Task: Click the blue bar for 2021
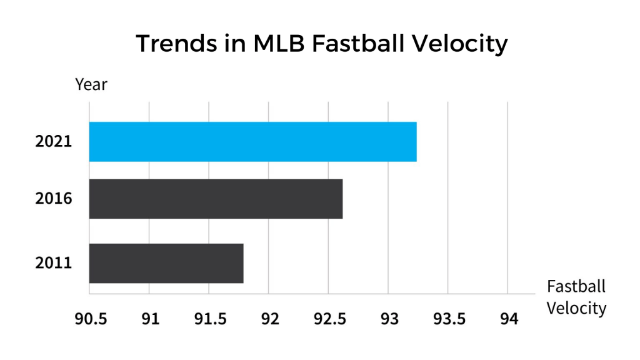252,142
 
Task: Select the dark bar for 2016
216,199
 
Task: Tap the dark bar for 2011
166,263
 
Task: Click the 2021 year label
54,142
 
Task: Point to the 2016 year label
54,199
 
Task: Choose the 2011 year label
54,263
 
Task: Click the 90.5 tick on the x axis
91,319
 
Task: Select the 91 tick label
150,319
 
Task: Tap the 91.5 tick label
209,319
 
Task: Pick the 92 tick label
269,319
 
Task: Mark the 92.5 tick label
329,319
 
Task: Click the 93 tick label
389,319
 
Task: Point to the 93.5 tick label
449,319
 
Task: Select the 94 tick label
509,319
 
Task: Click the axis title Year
91,84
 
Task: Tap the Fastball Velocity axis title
576,297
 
